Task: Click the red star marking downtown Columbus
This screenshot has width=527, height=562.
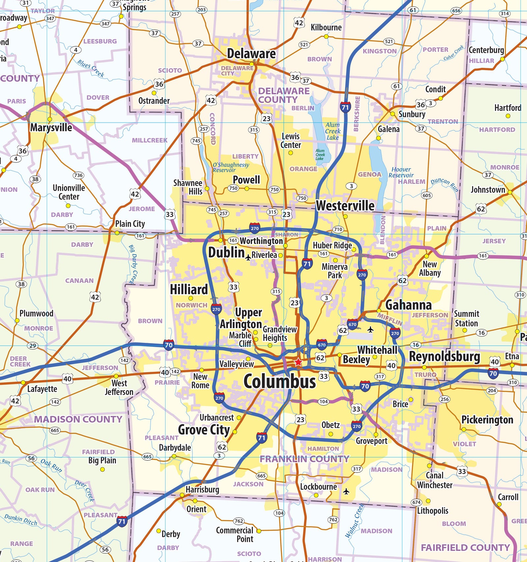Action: click(x=298, y=362)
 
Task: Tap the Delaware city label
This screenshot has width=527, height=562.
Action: click(x=251, y=53)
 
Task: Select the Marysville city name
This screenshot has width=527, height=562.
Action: click(x=51, y=127)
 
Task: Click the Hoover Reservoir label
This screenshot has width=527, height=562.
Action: click(x=401, y=172)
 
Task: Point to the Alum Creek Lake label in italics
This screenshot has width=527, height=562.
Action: click(x=333, y=131)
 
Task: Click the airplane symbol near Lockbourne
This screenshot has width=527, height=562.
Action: click(x=346, y=491)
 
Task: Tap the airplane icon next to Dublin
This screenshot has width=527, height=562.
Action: click(x=248, y=258)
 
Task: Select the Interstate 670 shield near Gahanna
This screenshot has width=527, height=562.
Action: click(x=352, y=324)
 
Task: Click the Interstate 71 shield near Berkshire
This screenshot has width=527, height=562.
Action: click(x=345, y=107)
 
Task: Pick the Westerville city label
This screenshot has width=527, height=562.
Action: click(x=345, y=206)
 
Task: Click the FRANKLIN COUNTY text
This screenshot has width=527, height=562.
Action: click(x=304, y=459)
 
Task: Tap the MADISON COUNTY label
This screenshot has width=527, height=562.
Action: click(x=78, y=419)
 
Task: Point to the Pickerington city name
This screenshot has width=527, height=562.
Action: click(x=487, y=420)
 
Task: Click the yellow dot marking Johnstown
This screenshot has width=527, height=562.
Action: click(x=510, y=192)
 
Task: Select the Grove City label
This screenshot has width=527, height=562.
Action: click(x=204, y=429)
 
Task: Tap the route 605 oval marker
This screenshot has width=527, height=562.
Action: click(x=427, y=195)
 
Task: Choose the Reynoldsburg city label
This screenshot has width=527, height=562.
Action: click(x=444, y=356)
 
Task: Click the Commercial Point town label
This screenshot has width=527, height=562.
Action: click(x=235, y=534)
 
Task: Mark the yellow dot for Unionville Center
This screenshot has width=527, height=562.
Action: click(x=68, y=206)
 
